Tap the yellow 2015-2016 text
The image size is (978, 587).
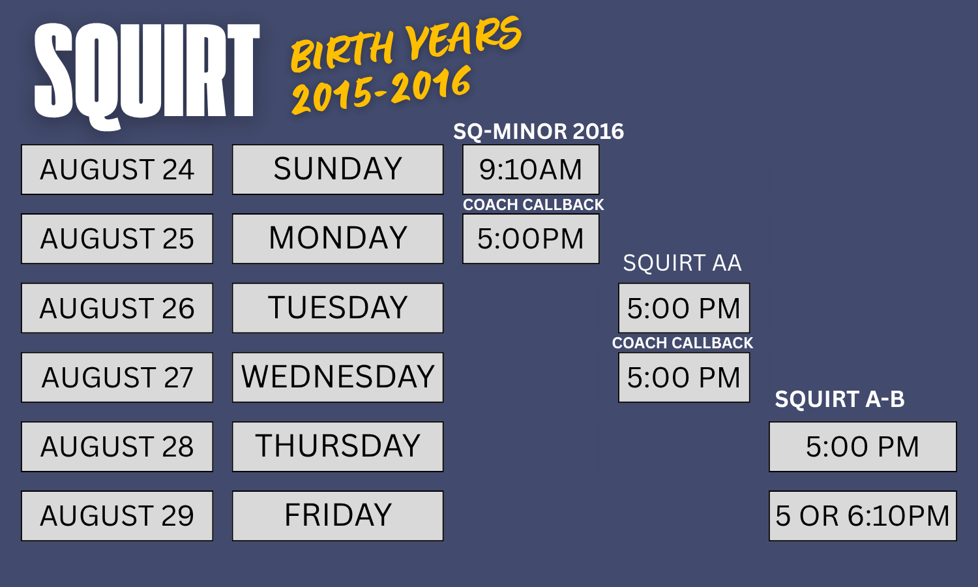pos(381,91)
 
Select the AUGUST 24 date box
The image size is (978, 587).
pos(117,170)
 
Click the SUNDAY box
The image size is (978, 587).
pos(338,170)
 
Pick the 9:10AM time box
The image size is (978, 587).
pos(531,170)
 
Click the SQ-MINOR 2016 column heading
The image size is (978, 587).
pos(539,132)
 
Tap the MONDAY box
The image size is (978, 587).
pos(338,239)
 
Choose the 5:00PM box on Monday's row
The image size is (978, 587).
pos(531,239)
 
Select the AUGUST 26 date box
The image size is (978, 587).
pos(117,308)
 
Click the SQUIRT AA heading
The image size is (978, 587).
pos(682,263)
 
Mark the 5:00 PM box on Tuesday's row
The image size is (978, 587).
pos(684,308)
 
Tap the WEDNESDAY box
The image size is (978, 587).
pos(338,378)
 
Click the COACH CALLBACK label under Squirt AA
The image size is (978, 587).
pos(683,343)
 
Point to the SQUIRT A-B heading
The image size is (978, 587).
pos(840,399)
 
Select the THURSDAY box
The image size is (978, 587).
pos(338,446)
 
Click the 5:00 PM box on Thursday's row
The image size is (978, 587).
pos(863,446)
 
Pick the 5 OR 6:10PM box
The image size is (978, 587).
pos(863,516)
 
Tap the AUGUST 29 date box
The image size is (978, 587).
pos(117,516)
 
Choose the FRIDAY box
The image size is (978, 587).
pos(338,516)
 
